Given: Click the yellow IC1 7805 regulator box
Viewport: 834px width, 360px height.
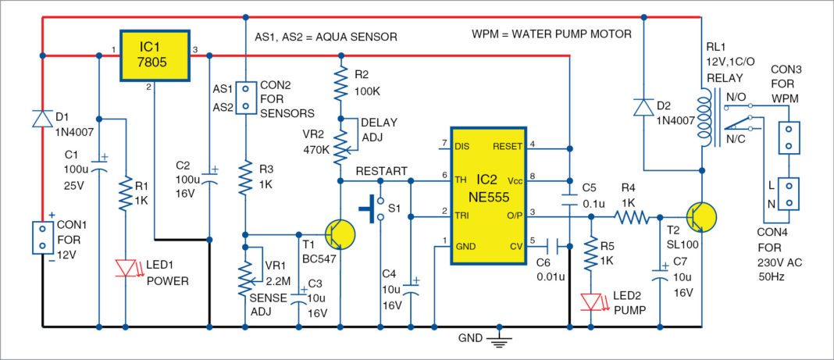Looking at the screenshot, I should coord(154,55).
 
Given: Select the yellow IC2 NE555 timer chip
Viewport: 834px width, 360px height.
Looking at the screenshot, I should coord(488,197).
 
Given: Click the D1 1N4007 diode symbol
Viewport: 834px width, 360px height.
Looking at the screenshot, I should coord(41,119).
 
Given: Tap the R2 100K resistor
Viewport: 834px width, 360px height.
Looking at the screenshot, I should coord(340,82).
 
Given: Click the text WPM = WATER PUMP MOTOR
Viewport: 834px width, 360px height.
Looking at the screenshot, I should coord(551,35).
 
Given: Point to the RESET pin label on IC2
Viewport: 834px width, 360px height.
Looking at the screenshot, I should coord(508,144).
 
